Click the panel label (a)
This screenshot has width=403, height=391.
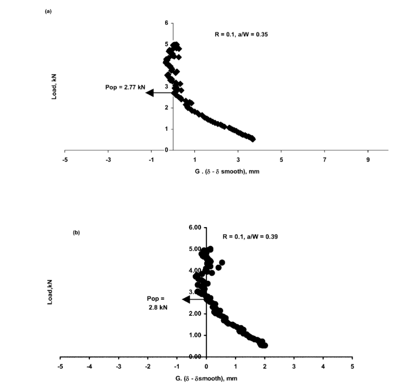(x=48, y=11)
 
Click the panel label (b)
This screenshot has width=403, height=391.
(x=76, y=233)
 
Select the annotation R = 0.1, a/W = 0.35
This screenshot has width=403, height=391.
(x=242, y=34)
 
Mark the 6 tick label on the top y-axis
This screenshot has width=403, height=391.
(x=167, y=23)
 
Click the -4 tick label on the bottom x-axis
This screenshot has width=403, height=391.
(x=89, y=367)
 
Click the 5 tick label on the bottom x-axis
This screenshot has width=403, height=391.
(x=352, y=367)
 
